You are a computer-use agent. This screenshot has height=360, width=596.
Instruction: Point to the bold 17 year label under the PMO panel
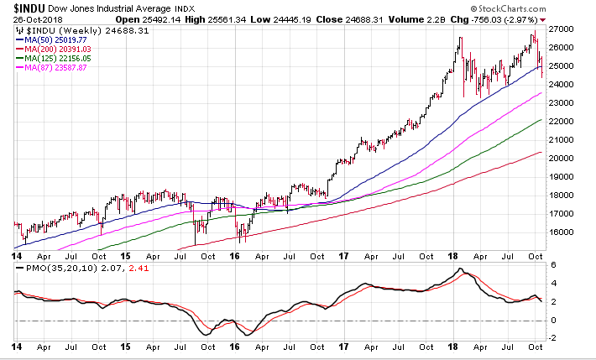pyautogui.click(x=342, y=347)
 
